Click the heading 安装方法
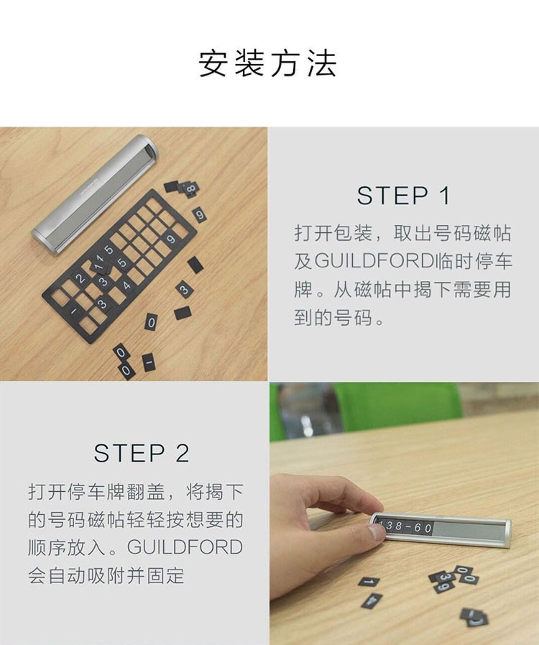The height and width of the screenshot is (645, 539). (x=267, y=64)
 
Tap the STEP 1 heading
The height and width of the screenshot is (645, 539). (x=403, y=196)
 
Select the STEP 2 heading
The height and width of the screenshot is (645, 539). (x=142, y=453)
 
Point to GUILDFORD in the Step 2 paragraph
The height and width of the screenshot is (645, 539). (x=185, y=547)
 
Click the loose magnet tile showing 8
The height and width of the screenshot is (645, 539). (x=190, y=189)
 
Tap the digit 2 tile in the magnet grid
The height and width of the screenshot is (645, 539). (x=80, y=278)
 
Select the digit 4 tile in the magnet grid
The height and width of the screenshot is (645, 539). (x=126, y=285)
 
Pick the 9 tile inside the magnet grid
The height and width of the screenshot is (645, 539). (x=170, y=239)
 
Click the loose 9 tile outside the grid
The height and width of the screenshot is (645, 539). (x=200, y=215)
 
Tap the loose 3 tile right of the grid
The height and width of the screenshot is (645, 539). (x=184, y=290)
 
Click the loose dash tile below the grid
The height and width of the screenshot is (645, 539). (x=149, y=362)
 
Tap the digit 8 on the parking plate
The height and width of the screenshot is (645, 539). (x=398, y=526)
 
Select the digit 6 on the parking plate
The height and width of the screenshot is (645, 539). (x=418, y=528)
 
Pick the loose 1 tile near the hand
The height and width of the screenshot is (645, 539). (x=369, y=582)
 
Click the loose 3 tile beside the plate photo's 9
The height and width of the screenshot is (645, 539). (x=441, y=577)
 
